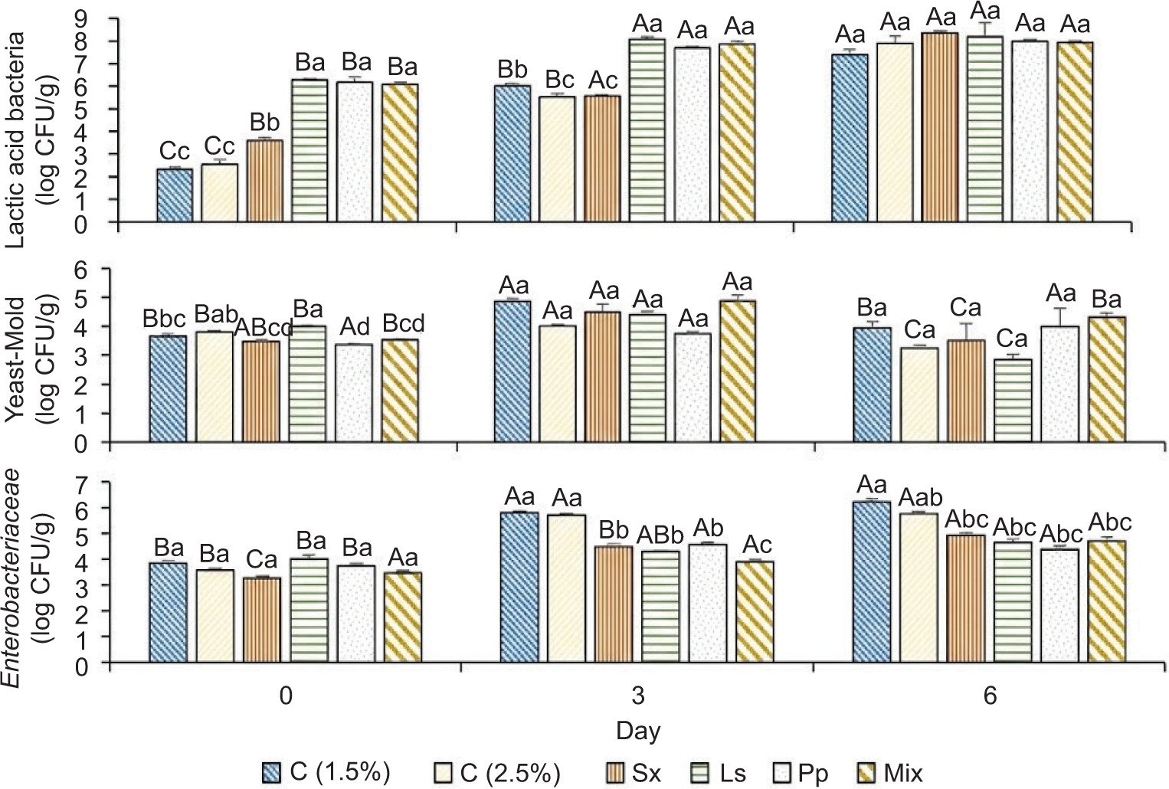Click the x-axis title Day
click(638, 731)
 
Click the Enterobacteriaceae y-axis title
click(34, 571)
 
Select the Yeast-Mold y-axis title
click(34, 355)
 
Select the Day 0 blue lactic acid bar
click(175, 196)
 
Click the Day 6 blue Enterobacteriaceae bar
click(872, 583)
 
